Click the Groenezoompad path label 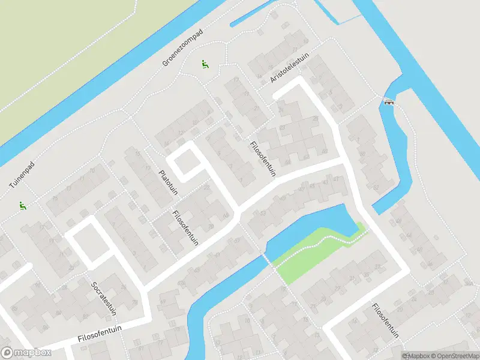coord(183,47)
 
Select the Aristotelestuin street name coord(289,75)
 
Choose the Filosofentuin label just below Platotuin coord(184,229)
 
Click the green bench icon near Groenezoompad coord(205,65)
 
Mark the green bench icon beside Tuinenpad coord(23,205)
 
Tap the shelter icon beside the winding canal coord(389,102)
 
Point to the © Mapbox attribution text coord(415,356)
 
